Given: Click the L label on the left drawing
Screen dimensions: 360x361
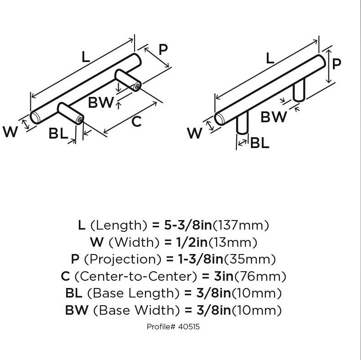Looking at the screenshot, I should (86, 56).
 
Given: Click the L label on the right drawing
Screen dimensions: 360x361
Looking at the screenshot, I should (270, 58).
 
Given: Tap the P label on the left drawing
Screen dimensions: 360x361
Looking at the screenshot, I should (163, 48).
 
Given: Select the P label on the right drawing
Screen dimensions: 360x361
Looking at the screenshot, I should (336, 64).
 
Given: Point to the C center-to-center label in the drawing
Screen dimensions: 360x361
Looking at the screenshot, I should (136, 121).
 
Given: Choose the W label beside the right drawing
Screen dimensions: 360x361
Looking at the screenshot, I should (194, 133).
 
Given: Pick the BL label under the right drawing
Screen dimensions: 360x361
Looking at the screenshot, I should (260, 143).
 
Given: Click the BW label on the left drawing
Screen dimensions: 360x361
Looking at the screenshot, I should (101, 103).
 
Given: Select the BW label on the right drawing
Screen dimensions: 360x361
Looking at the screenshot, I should (274, 117).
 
